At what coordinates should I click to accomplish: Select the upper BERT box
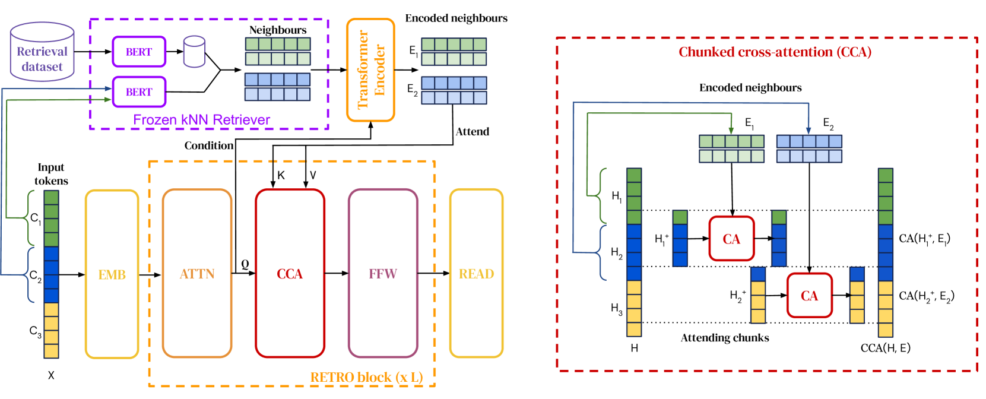[x=139, y=52]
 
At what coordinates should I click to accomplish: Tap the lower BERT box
[x=139, y=92]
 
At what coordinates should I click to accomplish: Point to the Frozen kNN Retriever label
[x=201, y=120]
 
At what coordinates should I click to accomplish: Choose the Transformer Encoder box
[x=371, y=70]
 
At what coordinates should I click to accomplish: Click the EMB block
[x=112, y=274]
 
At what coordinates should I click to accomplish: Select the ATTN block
[x=197, y=274]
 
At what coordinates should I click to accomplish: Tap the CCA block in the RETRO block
[x=290, y=274]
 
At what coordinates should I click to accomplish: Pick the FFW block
[x=383, y=274]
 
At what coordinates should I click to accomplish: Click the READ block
[x=476, y=274]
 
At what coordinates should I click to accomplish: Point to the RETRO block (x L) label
[x=366, y=377]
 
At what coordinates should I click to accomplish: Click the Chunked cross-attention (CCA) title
[x=775, y=52]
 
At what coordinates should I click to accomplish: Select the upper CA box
[x=731, y=239]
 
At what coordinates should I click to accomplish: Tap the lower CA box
[x=809, y=296]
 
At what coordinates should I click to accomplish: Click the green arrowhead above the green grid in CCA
[x=731, y=130]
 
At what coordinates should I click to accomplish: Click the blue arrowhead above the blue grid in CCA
[x=809, y=130]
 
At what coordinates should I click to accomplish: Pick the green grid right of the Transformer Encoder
[x=454, y=52]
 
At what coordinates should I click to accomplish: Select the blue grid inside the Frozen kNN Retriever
[x=277, y=87]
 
